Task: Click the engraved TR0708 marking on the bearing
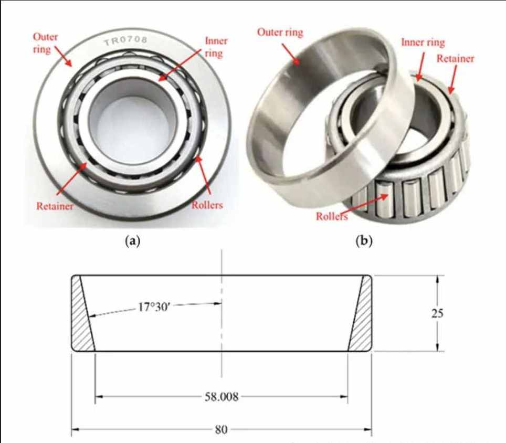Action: pos(125,41)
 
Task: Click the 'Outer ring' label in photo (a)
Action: pos(46,43)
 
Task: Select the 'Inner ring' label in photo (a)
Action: pos(216,47)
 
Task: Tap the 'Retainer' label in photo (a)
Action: pos(55,206)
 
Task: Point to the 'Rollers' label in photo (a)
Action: pos(207,205)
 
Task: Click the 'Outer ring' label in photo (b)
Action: pos(280,32)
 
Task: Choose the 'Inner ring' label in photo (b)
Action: pos(423,43)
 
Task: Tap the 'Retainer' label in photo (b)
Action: pos(455,58)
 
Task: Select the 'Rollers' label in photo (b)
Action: pos(332,216)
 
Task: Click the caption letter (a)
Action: pos(133,241)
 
